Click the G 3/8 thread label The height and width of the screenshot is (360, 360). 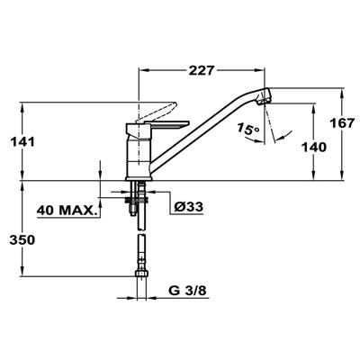click(x=185, y=292)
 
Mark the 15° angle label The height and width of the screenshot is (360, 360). click(x=249, y=132)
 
